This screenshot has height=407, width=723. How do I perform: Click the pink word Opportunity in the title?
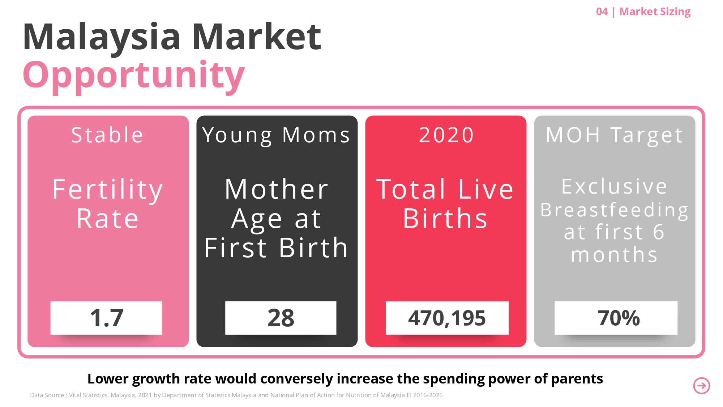coord(133,75)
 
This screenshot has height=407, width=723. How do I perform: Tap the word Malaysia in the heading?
coord(102,37)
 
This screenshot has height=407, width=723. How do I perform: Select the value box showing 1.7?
coord(106,318)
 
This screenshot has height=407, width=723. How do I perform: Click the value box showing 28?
coord(281,318)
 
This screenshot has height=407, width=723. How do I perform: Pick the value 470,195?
coord(447,318)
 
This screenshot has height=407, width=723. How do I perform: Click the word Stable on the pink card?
coord(107,135)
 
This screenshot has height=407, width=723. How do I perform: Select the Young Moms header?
coord(277,135)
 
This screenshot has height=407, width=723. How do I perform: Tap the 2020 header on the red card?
coord(446,135)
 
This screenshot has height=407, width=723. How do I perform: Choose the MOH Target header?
coord(615,135)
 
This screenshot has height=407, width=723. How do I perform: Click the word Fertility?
coord(108,189)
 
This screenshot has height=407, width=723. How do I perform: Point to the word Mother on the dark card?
coord(277,189)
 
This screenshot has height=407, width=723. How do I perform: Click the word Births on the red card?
coord(445,219)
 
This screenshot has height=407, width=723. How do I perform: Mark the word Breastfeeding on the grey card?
coord(615,210)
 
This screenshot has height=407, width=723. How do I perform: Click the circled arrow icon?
coord(701,386)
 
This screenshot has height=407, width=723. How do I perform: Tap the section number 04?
coord(602,12)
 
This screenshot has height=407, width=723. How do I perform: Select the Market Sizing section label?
coord(655,12)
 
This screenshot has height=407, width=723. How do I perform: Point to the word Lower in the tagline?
coord(108,379)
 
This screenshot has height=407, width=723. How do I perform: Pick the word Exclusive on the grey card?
coord(614,186)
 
